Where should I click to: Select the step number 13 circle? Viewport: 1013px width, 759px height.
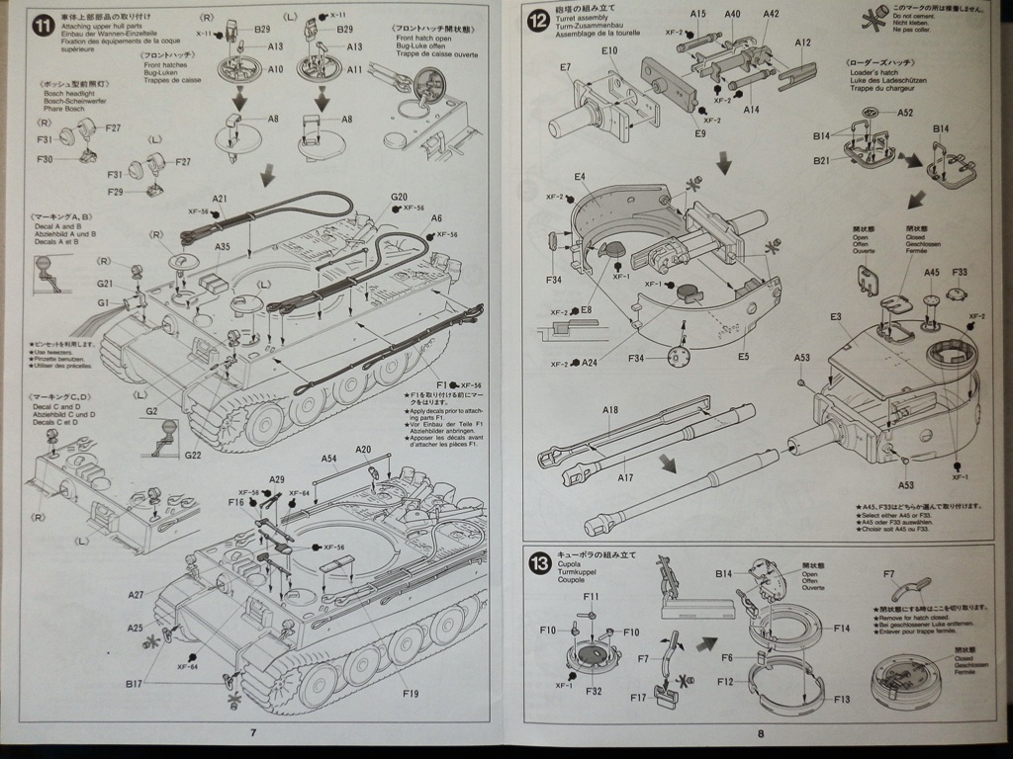click(539, 564)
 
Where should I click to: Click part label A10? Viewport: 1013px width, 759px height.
click(274, 69)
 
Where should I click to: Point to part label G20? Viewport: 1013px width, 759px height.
click(399, 197)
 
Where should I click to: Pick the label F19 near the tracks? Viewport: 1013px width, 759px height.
click(411, 693)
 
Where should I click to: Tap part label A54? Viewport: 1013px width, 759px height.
click(329, 459)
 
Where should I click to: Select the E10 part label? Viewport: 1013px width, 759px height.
click(608, 50)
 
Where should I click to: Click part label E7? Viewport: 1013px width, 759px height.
click(565, 67)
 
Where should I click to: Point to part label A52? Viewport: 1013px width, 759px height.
click(905, 113)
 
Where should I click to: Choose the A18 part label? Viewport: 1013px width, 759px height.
click(610, 410)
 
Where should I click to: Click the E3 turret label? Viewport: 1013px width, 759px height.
click(836, 316)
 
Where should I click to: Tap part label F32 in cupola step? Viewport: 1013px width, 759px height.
click(593, 691)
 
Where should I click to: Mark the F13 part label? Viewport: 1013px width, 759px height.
click(841, 699)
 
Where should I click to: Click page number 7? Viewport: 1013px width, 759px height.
click(253, 732)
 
